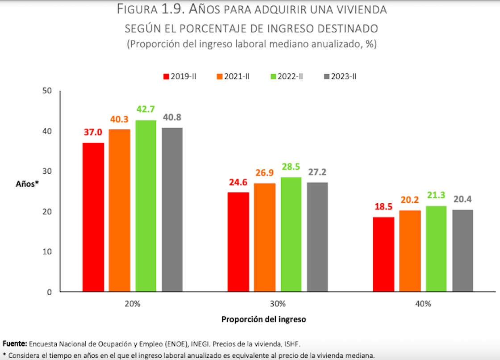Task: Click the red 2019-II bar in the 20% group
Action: pos(93,217)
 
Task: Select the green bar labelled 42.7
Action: pos(146,206)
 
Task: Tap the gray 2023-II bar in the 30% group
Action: pos(317,237)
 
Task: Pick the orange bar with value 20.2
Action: pos(410,251)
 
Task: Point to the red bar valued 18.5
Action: pos(383,254)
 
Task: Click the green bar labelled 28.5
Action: pos(291,234)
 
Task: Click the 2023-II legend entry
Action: pos(340,76)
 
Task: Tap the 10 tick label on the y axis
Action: pos(47,251)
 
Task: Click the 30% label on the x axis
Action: pos(278,304)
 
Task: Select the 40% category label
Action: pos(423,304)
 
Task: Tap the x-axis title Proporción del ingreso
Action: pos(263,319)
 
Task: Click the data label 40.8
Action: pos(172,118)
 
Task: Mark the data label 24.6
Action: pos(238,183)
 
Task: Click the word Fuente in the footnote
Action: pos(15,343)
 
